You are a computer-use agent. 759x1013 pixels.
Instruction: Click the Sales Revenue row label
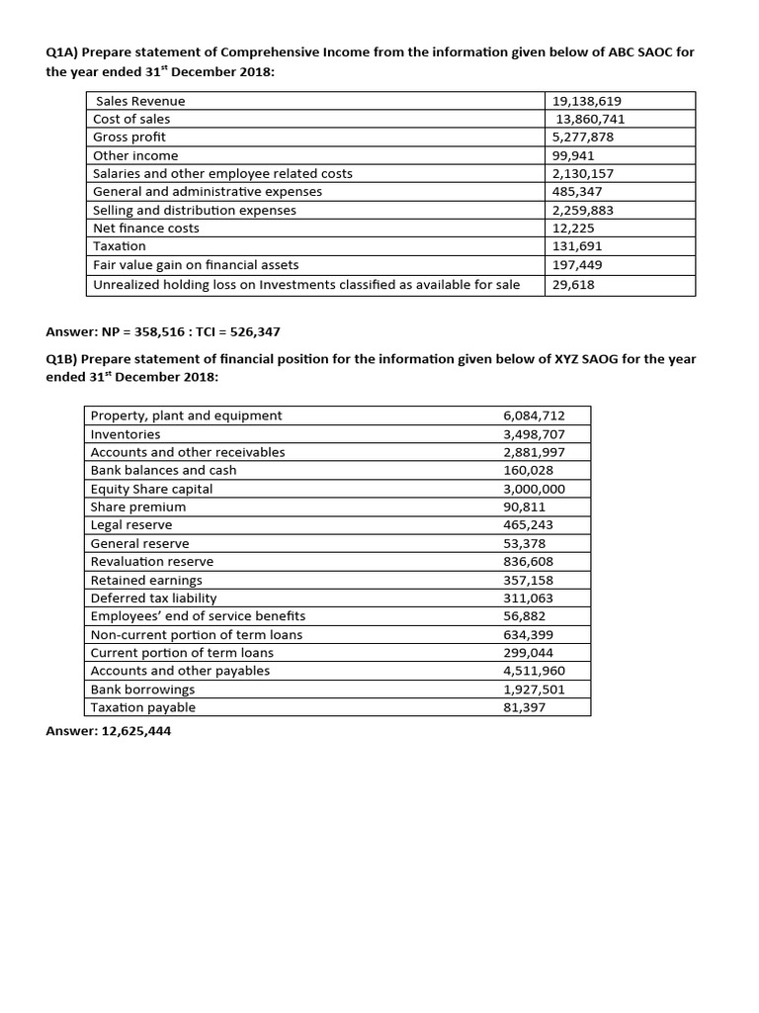[x=140, y=101]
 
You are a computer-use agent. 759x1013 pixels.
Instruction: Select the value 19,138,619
[x=587, y=101]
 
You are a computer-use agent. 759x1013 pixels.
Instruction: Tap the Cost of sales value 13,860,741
[x=591, y=119]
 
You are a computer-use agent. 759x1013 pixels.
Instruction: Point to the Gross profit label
[x=129, y=137]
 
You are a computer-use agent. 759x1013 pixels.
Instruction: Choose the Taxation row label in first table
[x=120, y=245]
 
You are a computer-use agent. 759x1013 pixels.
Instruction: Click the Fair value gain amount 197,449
[x=577, y=264]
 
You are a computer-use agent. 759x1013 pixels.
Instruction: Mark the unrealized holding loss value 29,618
[x=573, y=284]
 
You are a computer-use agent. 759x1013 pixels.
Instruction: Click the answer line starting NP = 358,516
[x=169, y=331]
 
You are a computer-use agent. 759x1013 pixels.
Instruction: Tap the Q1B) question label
[x=65, y=359]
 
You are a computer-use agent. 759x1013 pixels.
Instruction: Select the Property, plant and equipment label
[x=186, y=415]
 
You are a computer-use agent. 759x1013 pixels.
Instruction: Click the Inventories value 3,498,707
[x=534, y=434]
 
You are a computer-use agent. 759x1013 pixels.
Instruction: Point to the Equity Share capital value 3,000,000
[x=534, y=489]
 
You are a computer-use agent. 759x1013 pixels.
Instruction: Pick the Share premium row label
[x=138, y=506]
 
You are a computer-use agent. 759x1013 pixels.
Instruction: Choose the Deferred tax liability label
[x=153, y=598]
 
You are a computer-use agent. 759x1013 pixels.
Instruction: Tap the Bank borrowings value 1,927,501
[x=534, y=689]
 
